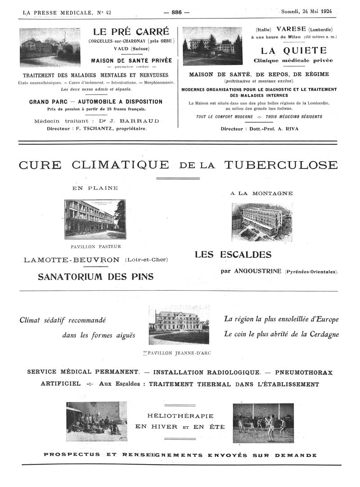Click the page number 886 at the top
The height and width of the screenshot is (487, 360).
(176, 12)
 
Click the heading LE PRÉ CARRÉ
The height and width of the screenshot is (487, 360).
(131, 32)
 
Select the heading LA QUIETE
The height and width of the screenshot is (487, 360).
(293, 50)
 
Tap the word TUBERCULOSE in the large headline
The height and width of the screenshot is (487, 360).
(280, 165)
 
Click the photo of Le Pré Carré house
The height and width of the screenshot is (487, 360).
(50, 47)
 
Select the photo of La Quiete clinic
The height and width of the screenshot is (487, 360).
(212, 46)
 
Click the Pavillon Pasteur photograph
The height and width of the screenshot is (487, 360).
(95, 219)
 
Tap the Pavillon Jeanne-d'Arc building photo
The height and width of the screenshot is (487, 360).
(179, 325)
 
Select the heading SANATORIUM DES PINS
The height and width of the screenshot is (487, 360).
(95, 276)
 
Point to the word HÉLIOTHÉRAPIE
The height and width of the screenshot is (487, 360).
(180, 416)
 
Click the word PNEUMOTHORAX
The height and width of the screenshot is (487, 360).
(304, 372)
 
